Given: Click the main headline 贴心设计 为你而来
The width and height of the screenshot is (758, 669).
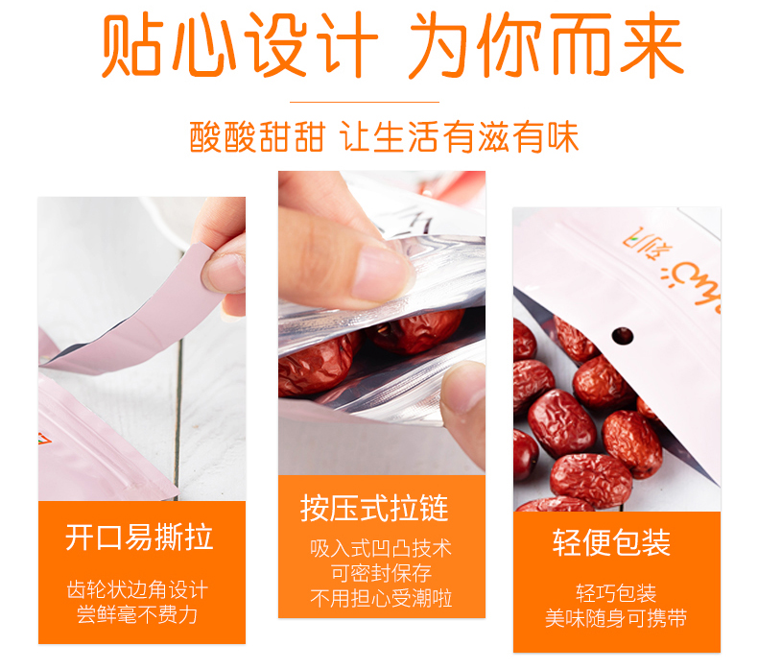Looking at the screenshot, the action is [x=392, y=45].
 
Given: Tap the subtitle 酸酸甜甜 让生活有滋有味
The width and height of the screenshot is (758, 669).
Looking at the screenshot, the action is [x=384, y=137].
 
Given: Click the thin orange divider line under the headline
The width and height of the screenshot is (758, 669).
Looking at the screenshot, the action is [x=365, y=102].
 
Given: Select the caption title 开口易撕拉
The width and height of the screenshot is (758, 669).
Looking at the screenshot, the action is [x=139, y=537].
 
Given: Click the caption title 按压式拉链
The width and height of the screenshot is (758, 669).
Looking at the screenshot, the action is [x=374, y=508].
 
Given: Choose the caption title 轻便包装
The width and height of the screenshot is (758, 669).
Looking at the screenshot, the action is [x=611, y=542].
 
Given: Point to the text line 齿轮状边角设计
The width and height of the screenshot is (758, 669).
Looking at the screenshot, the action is [x=137, y=589].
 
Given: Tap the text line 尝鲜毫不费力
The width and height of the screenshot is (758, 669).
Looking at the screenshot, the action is [x=137, y=615].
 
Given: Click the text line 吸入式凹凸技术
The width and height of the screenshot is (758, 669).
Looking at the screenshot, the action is [x=381, y=548].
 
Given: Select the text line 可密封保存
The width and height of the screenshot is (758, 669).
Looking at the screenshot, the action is [x=381, y=573].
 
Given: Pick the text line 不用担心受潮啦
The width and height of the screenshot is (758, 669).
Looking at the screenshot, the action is [x=381, y=598].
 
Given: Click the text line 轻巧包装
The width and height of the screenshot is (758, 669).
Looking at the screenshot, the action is [x=616, y=593].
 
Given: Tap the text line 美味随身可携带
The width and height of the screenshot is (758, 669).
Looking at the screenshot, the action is [x=616, y=618].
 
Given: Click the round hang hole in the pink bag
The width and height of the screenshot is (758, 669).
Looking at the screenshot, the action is [x=622, y=336].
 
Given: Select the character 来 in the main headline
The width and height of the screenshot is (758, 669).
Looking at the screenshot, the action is [x=651, y=45].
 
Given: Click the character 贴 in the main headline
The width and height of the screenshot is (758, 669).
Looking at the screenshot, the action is [x=131, y=45].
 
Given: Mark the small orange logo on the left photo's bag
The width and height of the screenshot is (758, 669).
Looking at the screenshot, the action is [x=44, y=439].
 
